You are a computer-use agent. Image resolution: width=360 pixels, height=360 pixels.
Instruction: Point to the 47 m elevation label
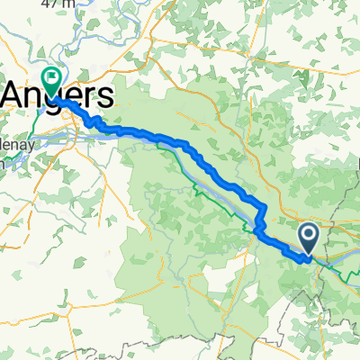click(x=56, y=4)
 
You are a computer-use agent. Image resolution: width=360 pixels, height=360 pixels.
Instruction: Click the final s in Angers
click(x=105, y=95)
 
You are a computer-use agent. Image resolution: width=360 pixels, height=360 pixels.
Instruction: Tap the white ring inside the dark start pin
click(x=307, y=236)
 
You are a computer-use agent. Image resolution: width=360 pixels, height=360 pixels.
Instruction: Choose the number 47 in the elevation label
click(x=49, y=4)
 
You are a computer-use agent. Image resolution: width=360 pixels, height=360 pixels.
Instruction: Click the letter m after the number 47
click(x=66, y=4)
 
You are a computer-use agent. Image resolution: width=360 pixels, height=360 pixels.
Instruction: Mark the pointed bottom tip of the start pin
click(x=307, y=255)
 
